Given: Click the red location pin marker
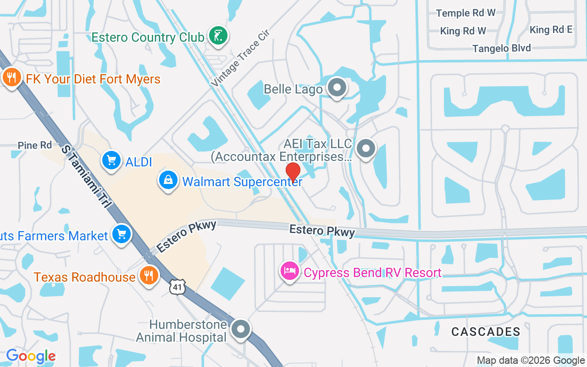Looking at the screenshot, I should click(x=293, y=172).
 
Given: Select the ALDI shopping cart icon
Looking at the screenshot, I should click(x=111, y=161).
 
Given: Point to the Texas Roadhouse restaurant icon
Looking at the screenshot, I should click(x=148, y=276).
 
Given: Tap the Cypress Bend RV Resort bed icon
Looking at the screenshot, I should click(x=289, y=271).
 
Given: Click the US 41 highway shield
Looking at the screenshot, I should click(x=176, y=286).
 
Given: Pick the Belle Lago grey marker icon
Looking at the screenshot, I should click(x=338, y=87).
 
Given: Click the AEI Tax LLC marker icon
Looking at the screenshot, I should click(x=366, y=149).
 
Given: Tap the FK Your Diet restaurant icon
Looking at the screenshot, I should click(x=11, y=78).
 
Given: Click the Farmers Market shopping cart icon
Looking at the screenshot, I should click(x=122, y=235).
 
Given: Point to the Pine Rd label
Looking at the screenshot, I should click(x=35, y=145).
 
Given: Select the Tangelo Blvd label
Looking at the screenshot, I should click(x=502, y=48).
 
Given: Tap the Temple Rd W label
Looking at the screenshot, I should click(x=465, y=13).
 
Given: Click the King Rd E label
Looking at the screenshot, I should click(x=551, y=30).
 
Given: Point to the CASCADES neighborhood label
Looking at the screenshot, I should click(x=486, y=331).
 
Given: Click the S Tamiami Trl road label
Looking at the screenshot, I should click(x=87, y=177).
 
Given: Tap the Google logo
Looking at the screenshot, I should click(x=31, y=356).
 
